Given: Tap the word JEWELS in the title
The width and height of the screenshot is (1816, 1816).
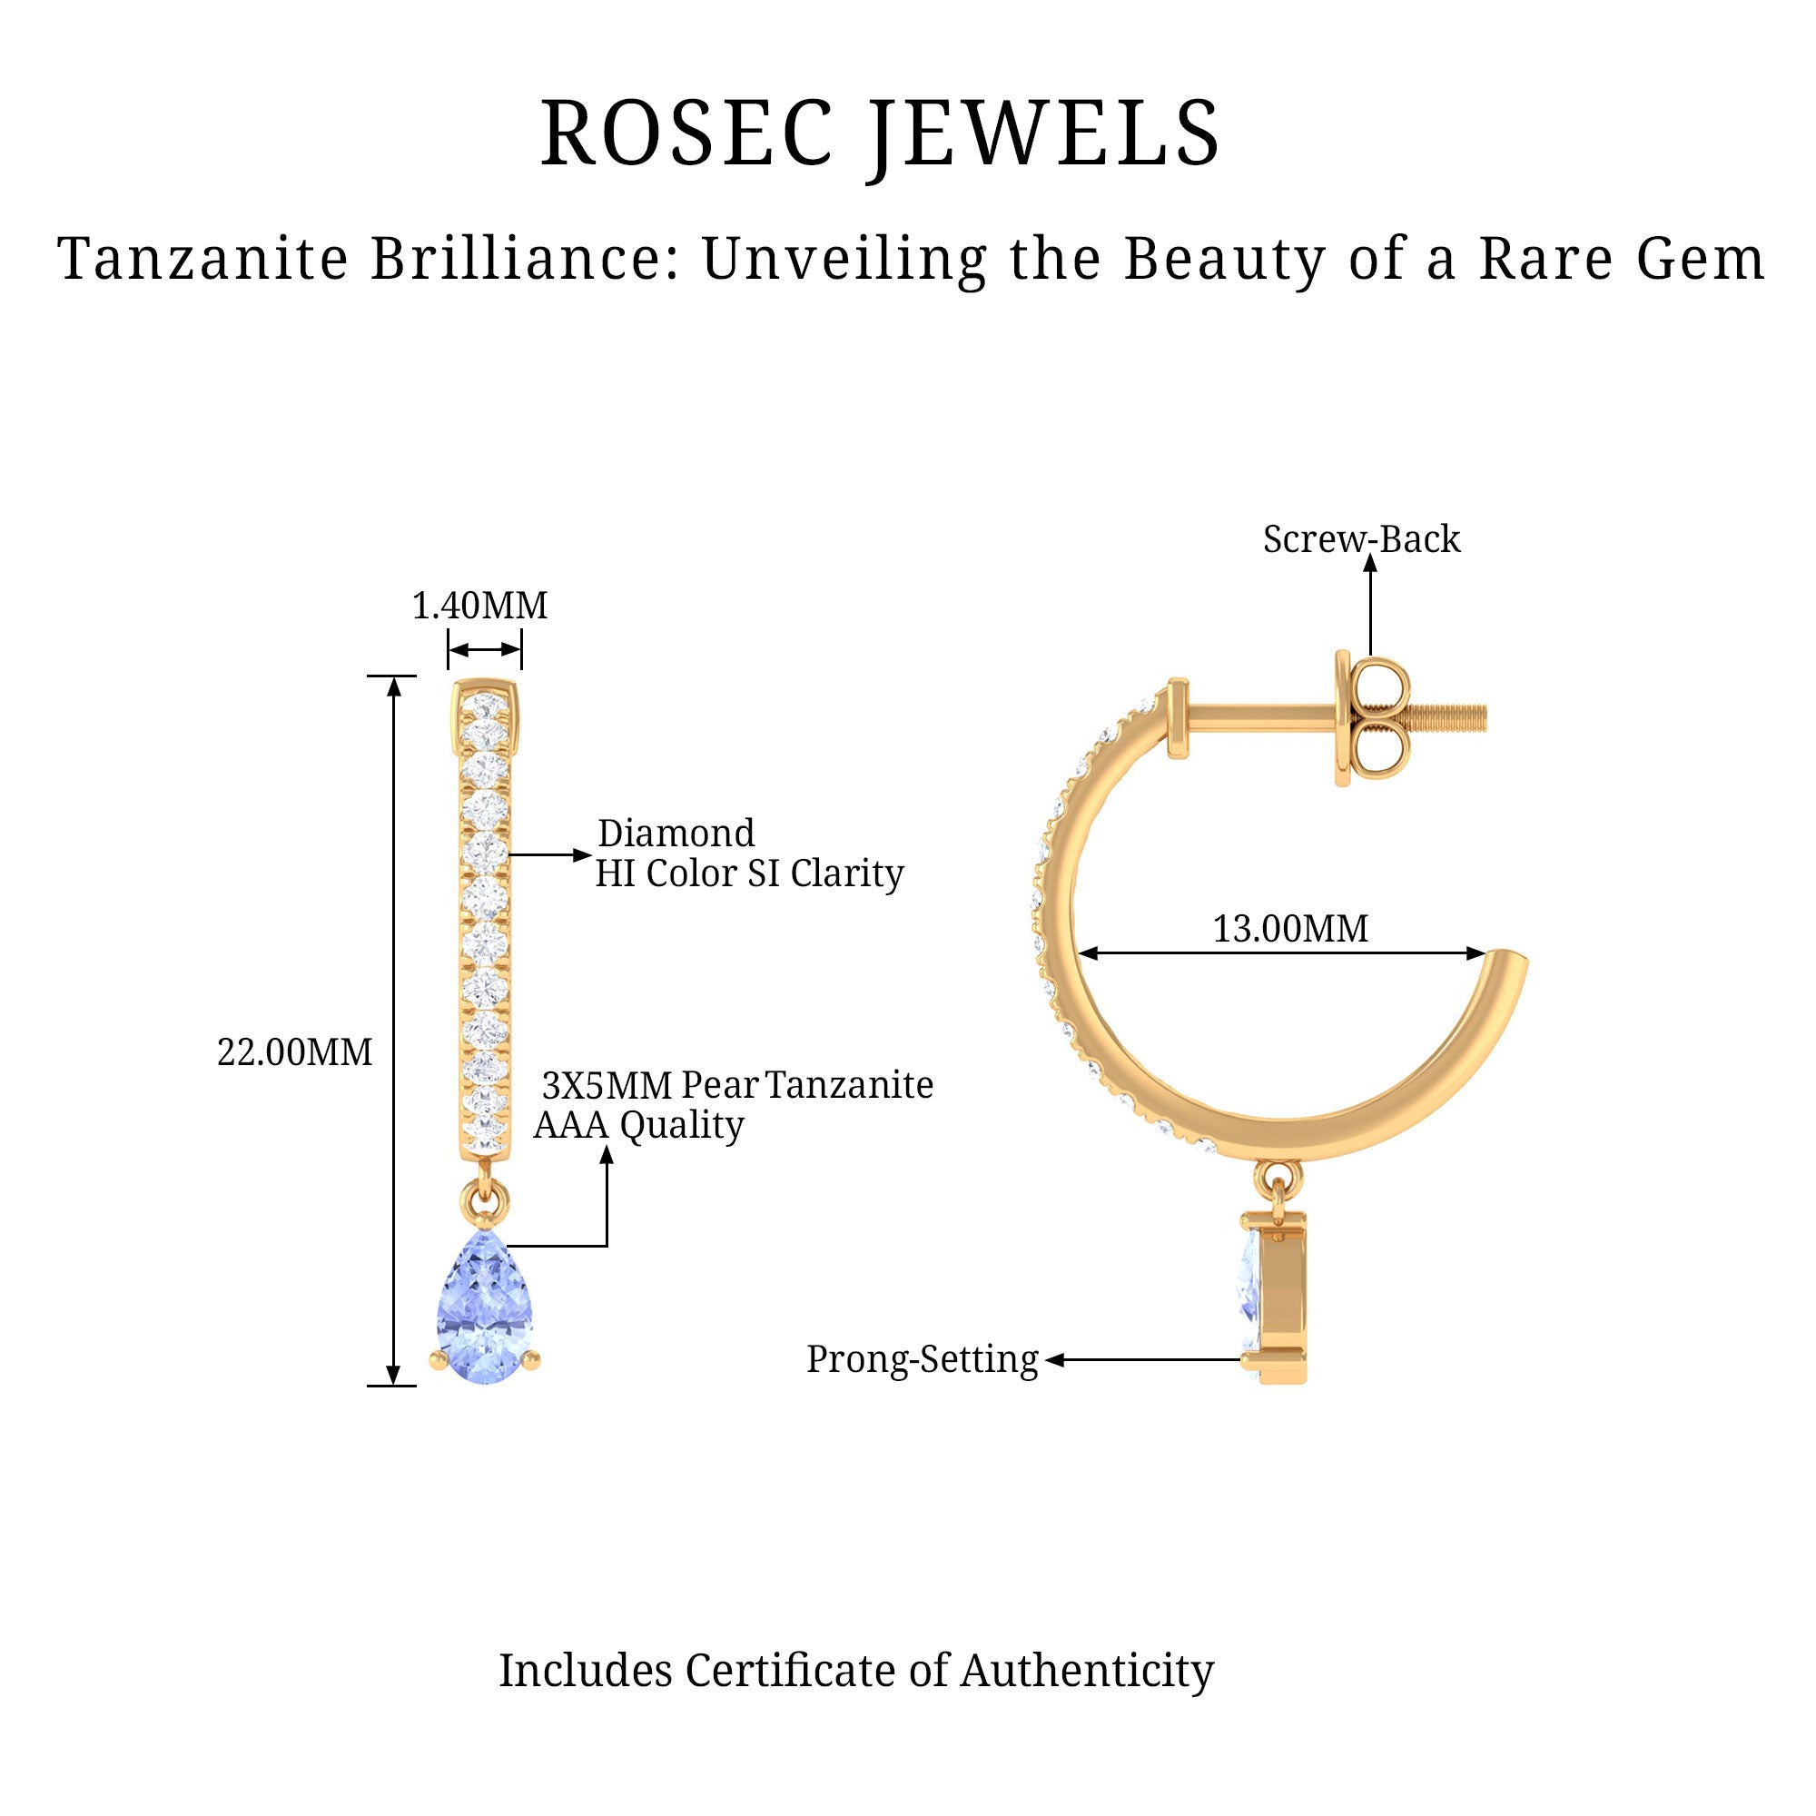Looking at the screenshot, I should point(1044,133).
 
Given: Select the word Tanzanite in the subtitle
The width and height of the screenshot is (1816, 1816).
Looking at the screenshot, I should point(203,259).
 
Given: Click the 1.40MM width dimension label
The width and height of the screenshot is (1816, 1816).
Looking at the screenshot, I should point(479,607).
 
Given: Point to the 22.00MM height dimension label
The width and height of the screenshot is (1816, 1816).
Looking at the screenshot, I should point(294,1051).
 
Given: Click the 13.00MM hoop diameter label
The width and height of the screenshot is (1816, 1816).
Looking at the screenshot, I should point(1289,929).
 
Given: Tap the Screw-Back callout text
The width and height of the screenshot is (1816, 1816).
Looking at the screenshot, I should point(1361,539).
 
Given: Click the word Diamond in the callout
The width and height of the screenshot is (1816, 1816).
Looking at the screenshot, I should point(676,834).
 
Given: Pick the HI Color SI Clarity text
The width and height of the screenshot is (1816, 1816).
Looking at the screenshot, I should point(749,873).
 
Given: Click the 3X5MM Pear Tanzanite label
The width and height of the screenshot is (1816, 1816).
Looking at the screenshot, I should point(738,1085).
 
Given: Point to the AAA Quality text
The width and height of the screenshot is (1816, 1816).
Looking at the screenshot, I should point(639,1124).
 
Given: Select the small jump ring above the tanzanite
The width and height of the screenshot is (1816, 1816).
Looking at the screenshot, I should point(485,1203).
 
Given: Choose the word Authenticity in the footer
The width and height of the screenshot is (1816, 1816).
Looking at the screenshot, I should point(1087,1671).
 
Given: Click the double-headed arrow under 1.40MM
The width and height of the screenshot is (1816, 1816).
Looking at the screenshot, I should point(484,649).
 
